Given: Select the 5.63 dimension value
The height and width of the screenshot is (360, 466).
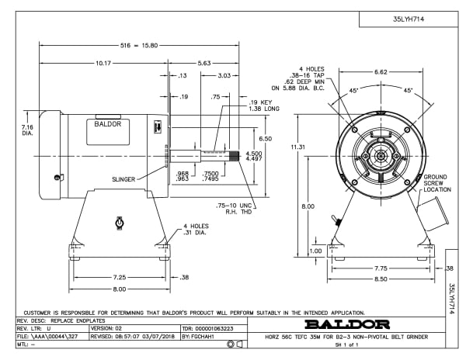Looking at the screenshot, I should click(x=205, y=63).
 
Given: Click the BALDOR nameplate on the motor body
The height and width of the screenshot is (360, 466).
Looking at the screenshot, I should click(x=108, y=123).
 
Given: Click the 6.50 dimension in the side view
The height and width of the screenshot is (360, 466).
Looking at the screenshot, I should click(x=264, y=138).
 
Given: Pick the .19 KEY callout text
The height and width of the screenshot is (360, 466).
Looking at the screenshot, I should click(x=238, y=102).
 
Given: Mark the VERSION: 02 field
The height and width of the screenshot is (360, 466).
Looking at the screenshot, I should click(x=108, y=329).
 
